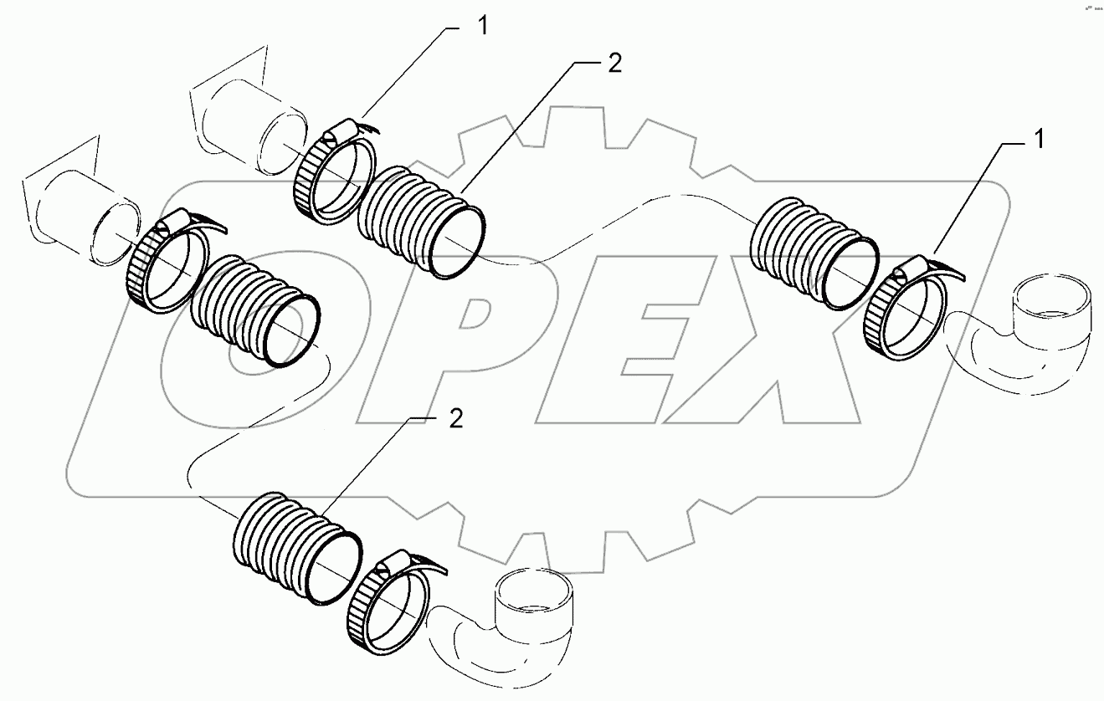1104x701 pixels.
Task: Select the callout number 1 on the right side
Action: tap(1038, 141)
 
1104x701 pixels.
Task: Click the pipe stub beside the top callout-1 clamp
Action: tap(251, 125)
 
